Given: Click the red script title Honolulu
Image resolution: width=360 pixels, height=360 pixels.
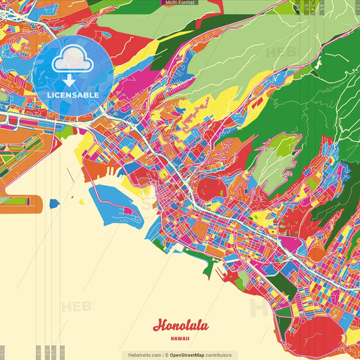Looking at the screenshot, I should (180, 325).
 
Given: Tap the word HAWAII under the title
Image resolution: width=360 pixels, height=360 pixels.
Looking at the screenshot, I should (180, 338).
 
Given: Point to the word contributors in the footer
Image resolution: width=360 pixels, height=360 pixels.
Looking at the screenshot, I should (220, 355).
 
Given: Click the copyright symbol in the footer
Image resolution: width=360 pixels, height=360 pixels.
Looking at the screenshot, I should (165, 355).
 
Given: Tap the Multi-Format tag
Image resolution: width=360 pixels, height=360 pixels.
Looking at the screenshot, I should (179, 3).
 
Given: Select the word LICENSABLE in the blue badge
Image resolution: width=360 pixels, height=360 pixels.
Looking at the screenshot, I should (73, 95).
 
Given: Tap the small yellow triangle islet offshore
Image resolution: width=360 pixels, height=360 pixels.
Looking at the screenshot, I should (82, 201).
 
